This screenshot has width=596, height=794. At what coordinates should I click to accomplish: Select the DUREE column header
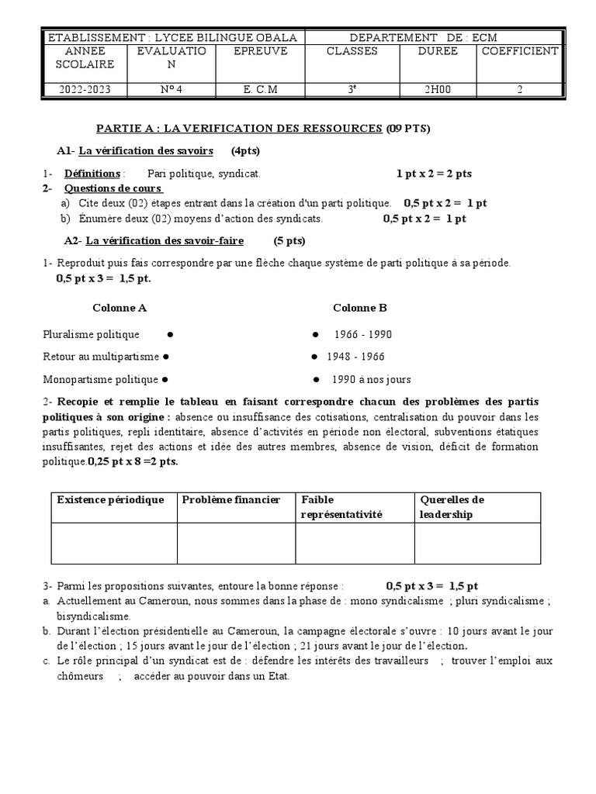[438, 51]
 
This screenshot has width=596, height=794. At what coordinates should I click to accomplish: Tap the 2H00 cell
[437, 89]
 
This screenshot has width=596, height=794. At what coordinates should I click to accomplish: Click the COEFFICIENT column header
[519, 51]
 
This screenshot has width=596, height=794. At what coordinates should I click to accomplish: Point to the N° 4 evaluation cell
[172, 89]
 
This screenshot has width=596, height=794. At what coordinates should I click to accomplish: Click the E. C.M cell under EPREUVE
[260, 89]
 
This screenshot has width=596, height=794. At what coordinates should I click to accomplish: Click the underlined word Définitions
[92, 173]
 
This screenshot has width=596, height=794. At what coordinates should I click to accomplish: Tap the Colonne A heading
[120, 308]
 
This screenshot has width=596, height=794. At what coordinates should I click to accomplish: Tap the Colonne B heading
[359, 308]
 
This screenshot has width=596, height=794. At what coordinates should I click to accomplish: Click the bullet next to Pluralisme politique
[168, 334]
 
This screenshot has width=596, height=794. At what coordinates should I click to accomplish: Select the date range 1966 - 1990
[363, 334]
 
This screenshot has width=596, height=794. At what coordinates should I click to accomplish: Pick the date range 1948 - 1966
[355, 357]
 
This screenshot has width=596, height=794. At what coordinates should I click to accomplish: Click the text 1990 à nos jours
[371, 380]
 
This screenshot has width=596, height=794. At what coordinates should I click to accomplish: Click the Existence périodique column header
[111, 499]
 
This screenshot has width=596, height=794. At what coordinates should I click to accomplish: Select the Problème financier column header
[230, 499]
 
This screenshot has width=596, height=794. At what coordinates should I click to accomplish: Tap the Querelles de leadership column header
[452, 507]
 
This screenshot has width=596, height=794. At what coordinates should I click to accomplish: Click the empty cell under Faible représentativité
[354, 543]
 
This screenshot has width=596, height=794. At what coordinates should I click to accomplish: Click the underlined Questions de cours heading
[113, 188]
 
